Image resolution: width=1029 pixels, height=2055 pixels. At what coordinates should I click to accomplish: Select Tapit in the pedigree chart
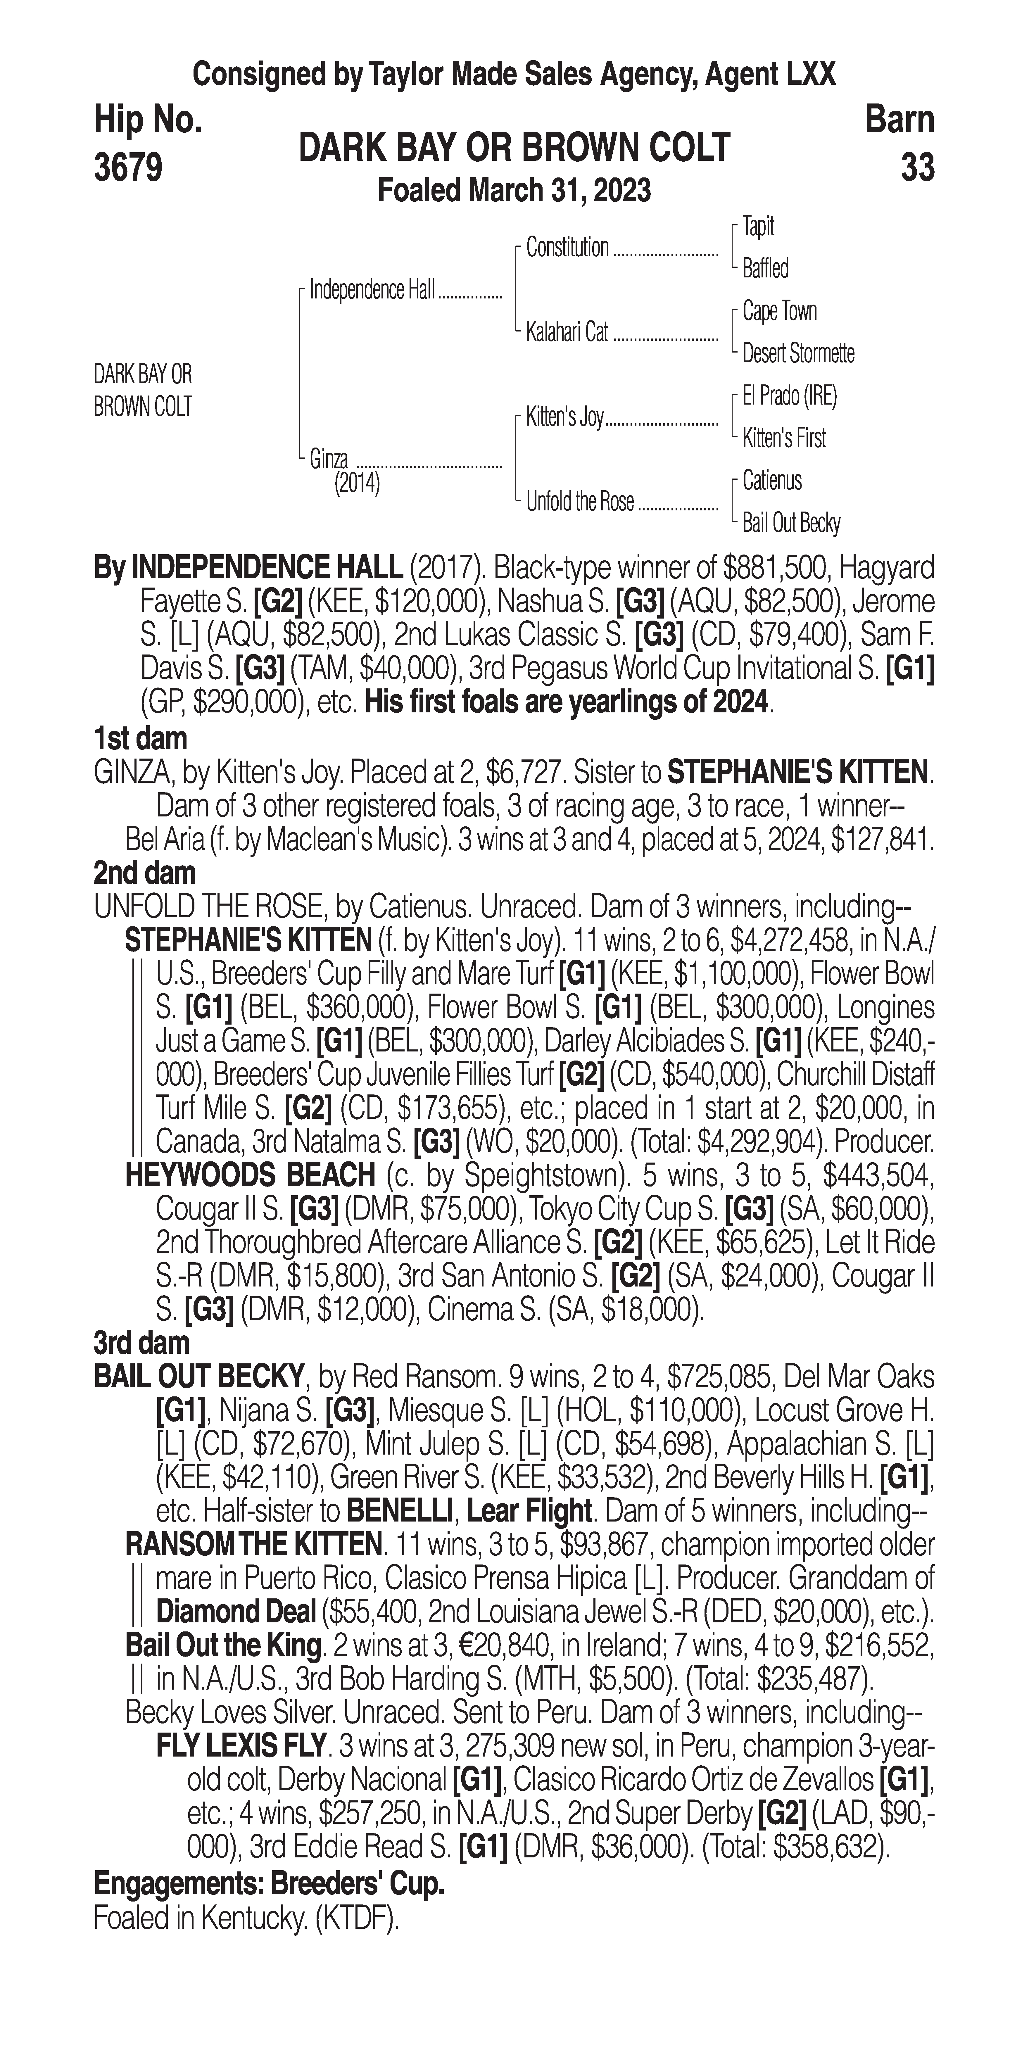[x=758, y=227]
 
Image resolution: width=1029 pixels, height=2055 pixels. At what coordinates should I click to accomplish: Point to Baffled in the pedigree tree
[x=765, y=269]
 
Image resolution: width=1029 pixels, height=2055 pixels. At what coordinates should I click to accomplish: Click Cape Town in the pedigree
[x=779, y=311]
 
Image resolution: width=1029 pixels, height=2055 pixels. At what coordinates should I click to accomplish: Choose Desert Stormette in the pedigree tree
[x=798, y=353]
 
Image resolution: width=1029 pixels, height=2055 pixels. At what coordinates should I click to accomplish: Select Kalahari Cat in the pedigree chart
[x=567, y=332]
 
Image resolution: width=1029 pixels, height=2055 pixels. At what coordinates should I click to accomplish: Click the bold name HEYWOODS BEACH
[x=250, y=1175]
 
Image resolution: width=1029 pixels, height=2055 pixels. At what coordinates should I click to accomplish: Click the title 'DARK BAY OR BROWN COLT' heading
[x=514, y=148]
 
